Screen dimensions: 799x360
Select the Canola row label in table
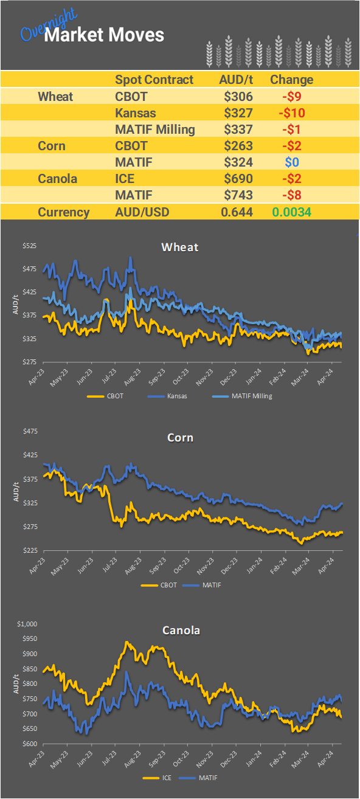58,179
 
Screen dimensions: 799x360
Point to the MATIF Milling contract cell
154,129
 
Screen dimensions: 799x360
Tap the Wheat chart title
179,247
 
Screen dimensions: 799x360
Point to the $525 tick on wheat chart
30,246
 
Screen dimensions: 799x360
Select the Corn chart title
179,437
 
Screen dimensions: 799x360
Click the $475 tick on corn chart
30,431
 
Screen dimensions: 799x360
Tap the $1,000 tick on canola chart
27,623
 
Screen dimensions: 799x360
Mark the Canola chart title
181,630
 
